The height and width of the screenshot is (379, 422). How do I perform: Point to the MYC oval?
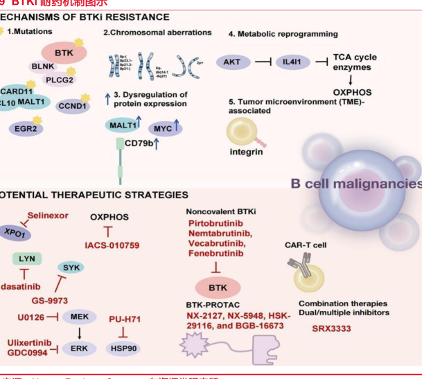click(x=166, y=128)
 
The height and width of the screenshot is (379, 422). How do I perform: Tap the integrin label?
click(x=245, y=151)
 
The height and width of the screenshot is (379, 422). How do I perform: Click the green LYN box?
click(x=28, y=258)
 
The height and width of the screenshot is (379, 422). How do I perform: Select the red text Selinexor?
click(x=48, y=215)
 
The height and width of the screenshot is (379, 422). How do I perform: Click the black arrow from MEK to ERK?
click(x=78, y=333)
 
